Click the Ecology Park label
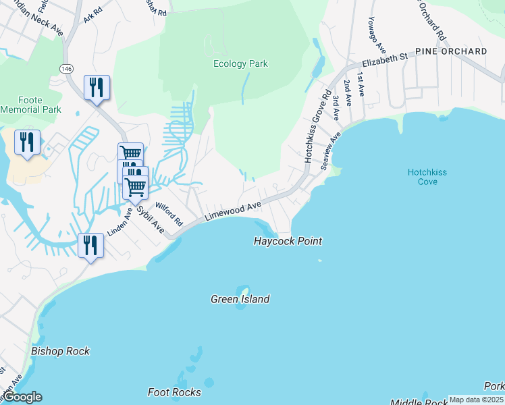click(x=240, y=64)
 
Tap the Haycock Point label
click(x=288, y=241)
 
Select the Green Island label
click(x=240, y=299)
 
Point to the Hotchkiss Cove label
click(x=427, y=177)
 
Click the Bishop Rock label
click(x=60, y=351)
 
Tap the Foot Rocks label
click(x=174, y=392)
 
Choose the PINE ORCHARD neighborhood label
click(x=451, y=51)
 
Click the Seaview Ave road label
click(x=331, y=151)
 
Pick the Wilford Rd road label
click(x=169, y=213)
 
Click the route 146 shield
click(x=66, y=69)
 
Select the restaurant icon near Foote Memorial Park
click(x=27, y=142)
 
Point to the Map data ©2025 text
click(x=476, y=400)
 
